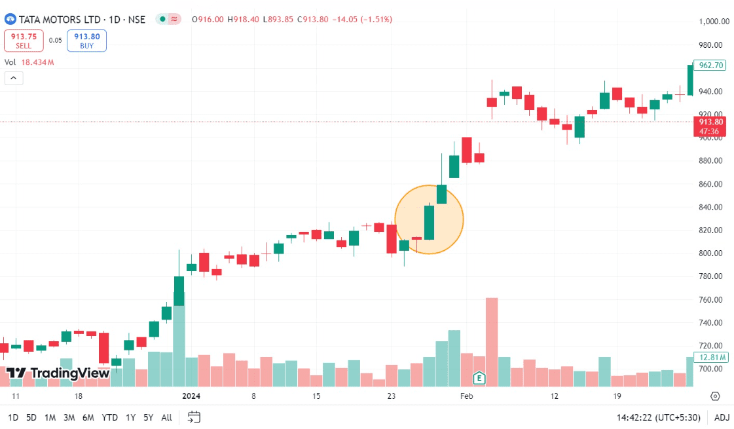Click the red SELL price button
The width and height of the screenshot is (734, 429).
pyautogui.click(x=24, y=41)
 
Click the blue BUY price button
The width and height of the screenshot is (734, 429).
pyautogui.click(x=86, y=41)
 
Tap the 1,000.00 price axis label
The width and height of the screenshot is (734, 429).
pyautogui.click(x=714, y=21)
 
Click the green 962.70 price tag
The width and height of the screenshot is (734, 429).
pyautogui.click(x=711, y=65)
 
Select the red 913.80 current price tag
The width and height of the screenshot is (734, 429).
pyautogui.click(x=710, y=126)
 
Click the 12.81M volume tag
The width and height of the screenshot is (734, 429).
pyautogui.click(x=711, y=358)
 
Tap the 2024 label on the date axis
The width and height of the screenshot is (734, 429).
pyautogui.click(x=191, y=396)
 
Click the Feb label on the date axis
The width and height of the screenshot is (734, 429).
pyautogui.click(x=466, y=396)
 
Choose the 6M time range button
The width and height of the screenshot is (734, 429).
pyautogui.click(x=88, y=417)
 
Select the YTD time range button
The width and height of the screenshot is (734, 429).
pyautogui.click(x=110, y=417)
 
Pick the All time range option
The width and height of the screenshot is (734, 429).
pyautogui.click(x=166, y=417)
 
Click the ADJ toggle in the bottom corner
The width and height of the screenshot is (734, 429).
pyautogui.click(x=722, y=417)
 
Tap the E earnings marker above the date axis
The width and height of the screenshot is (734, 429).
pyautogui.click(x=479, y=378)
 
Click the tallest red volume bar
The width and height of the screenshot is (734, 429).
pyautogui.click(x=492, y=341)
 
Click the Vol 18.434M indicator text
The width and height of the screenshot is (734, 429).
pyautogui.click(x=29, y=62)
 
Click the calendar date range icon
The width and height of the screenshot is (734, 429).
pyautogui.click(x=194, y=417)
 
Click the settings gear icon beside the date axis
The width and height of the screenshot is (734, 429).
pyautogui.click(x=715, y=396)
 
